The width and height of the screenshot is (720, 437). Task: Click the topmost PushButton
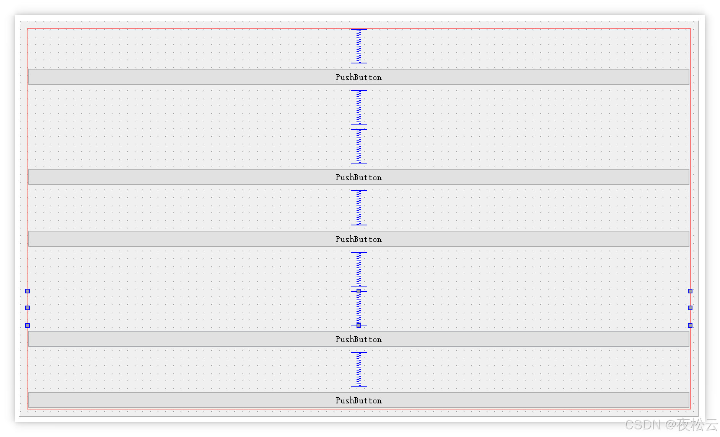pos(358,77)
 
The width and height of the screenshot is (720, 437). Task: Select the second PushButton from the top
pos(358,177)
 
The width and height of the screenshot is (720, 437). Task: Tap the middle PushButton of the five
pos(358,239)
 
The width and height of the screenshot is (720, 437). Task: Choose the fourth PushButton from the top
pos(358,339)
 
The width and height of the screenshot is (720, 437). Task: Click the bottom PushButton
pos(358,400)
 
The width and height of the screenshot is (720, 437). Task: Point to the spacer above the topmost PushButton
pos(359,46)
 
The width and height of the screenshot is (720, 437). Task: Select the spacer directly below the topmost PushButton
pos(359,107)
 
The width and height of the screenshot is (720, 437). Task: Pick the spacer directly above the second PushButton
pos(359,146)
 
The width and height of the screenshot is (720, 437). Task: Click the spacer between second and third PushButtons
pos(359,208)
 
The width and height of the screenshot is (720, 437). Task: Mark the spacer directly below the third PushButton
pos(359,269)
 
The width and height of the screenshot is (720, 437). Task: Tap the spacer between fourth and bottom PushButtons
pos(359,369)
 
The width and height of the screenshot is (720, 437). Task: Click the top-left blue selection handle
pos(28,291)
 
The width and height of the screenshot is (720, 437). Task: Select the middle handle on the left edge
pos(28,308)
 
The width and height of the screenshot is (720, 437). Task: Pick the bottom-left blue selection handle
pos(28,325)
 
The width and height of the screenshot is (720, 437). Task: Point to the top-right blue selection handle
pos(690,291)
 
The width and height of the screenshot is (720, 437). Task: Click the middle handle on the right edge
pos(690,308)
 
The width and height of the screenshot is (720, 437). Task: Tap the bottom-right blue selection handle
pos(690,325)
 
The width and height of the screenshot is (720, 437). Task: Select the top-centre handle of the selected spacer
pos(359,291)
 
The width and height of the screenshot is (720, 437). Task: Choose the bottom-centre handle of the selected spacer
pos(359,325)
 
